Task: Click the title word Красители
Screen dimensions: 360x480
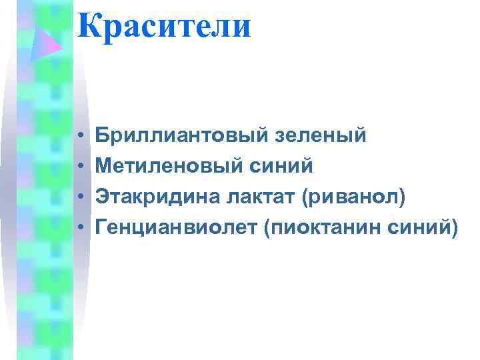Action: [x=164, y=27]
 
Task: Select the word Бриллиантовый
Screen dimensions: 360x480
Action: [x=181, y=136]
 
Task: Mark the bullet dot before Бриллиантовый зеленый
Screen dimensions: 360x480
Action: [x=79, y=137]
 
